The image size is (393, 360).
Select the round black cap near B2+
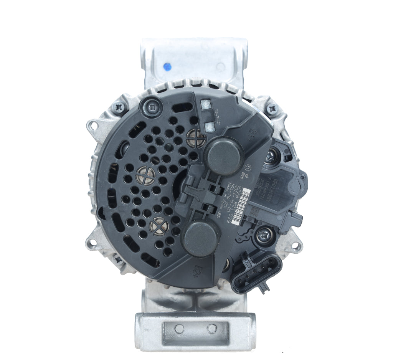click(200, 238)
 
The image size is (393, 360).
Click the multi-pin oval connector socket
click(256, 273)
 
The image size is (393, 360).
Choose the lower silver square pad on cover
click(210, 126)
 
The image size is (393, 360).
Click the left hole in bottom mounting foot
click(179, 329)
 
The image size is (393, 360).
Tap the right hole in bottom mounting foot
click(212, 329)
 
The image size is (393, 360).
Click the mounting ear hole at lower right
click(296, 247)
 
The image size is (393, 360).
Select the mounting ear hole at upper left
click(93, 125)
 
